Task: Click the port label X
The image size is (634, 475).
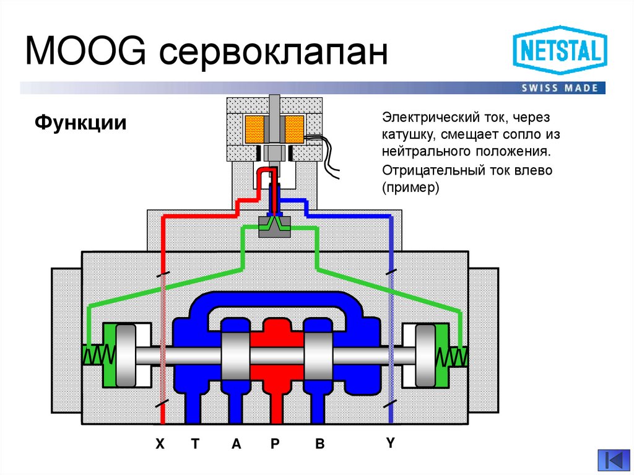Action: coord(160,443)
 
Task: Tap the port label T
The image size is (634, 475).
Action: coord(195,443)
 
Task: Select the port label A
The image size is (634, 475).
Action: coord(236,443)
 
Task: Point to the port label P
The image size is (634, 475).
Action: coord(276,443)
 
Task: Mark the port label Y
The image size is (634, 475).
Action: coord(390,442)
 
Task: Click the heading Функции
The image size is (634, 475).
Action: coord(80,122)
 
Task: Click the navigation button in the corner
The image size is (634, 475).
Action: coord(612,460)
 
